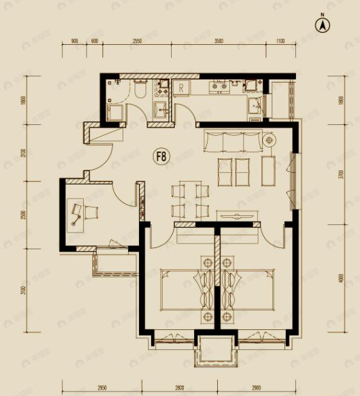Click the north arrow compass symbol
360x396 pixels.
pyautogui.click(x=323, y=25)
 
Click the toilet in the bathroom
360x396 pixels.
pyautogui.click(x=140, y=91)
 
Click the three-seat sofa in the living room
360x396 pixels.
pyautogui.click(x=233, y=140)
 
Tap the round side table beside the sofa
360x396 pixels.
pyautogui.click(x=269, y=139)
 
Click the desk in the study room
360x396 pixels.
pyautogui.click(x=78, y=212)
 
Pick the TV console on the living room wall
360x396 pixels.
pyautogui.click(x=239, y=215)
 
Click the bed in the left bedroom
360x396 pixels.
pyautogui.click(x=186, y=290)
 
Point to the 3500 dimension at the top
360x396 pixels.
pyautogui.click(x=219, y=41)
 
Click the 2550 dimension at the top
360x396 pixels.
pyautogui.click(x=136, y=41)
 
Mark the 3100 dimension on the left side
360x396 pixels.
pyautogui.click(x=24, y=291)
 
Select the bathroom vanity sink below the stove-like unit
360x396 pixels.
pyautogui.click(x=161, y=110)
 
